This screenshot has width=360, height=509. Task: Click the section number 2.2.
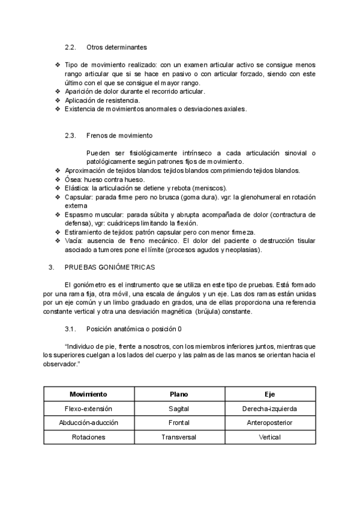70,47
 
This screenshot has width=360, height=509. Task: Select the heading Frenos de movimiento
119,136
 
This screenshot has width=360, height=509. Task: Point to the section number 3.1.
70,329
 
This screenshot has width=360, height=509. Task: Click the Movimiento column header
88,394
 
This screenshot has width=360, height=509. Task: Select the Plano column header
179,394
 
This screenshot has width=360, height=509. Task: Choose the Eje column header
270,394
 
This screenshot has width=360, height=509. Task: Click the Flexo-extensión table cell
88,409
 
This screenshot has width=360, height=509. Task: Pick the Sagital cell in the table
179,409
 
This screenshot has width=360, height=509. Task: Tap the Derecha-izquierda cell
270,409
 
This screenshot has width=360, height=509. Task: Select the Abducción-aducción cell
88,423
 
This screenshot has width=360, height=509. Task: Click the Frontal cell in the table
179,423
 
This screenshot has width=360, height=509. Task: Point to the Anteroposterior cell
270,423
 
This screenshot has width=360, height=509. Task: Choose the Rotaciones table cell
88,437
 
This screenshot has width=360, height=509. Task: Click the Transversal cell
179,437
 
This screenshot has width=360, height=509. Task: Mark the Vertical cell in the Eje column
270,437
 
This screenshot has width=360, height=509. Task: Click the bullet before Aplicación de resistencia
58,100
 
